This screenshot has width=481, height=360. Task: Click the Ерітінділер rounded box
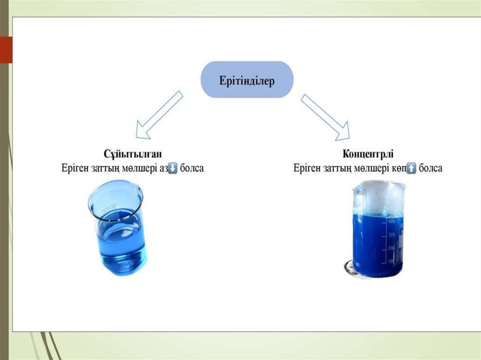247,79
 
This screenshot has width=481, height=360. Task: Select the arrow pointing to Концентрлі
325,116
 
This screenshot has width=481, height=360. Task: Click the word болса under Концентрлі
430,168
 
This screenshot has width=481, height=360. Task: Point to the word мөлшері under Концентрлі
372,168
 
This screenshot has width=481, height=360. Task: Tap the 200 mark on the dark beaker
391,247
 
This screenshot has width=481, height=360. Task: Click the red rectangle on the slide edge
6,50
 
